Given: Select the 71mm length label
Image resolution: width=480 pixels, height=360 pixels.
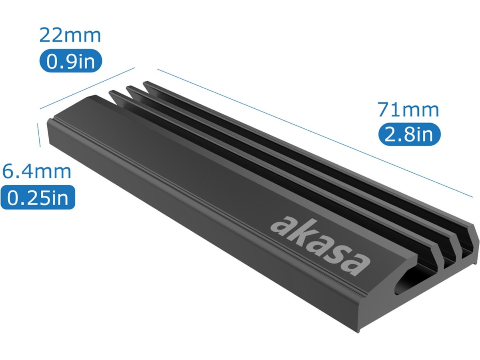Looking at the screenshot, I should [x=408, y=110].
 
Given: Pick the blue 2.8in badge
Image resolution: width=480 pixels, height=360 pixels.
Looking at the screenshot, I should [x=409, y=134].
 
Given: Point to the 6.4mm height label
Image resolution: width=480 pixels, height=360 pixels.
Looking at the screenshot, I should [x=37, y=171].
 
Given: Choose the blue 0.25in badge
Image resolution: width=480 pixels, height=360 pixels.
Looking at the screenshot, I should [x=38, y=197].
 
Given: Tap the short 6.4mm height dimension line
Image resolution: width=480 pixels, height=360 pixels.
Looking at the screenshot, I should [x=39, y=135].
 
